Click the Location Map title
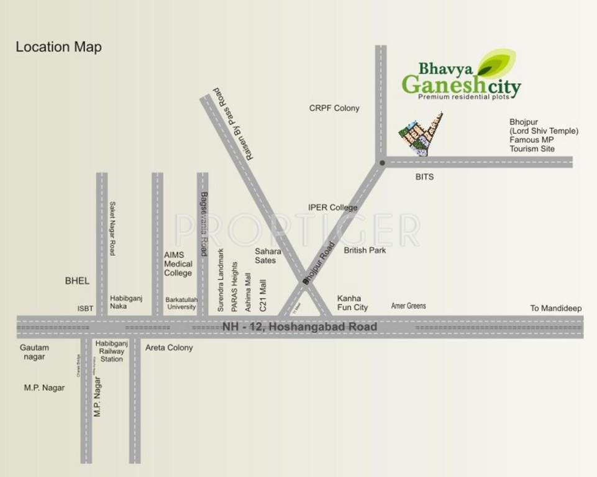(x=58, y=47)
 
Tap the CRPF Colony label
(x=334, y=108)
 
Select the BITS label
(x=424, y=177)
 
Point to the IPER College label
(x=333, y=207)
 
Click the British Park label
(x=365, y=250)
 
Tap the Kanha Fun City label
(x=352, y=302)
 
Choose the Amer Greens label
(x=408, y=306)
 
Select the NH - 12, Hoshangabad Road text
(x=299, y=327)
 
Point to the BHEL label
(x=77, y=281)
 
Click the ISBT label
(x=85, y=307)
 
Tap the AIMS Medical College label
(x=178, y=264)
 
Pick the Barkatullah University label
(x=181, y=303)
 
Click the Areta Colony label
(x=169, y=348)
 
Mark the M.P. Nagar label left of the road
(x=44, y=388)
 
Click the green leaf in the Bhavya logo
(x=498, y=62)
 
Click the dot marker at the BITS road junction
(x=382, y=163)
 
